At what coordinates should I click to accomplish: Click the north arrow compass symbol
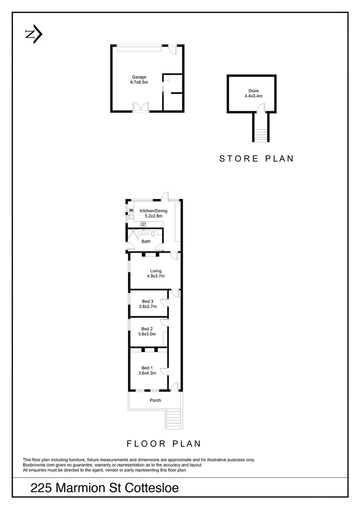(33, 34)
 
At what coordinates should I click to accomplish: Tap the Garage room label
(139, 77)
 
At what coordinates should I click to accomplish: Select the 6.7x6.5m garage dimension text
(139, 82)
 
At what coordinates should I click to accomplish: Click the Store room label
(254, 91)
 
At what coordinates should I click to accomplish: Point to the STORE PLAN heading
(256, 158)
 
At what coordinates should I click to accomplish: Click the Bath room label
(146, 242)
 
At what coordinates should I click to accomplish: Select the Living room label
(155, 271)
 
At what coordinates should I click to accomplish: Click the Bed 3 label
(147, 301)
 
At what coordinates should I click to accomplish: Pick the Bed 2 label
(147, 329)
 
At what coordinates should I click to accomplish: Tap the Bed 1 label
(147, 368)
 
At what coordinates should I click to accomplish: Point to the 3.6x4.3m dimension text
(147, 373)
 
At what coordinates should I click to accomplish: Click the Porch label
(155, 400)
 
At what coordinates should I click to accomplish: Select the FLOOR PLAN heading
(164, 443)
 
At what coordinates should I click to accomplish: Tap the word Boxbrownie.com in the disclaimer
(37, 465)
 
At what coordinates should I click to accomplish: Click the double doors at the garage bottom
(140, 107)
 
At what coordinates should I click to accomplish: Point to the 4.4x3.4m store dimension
(254, 96)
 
